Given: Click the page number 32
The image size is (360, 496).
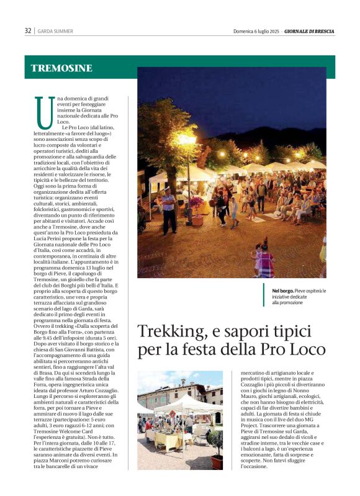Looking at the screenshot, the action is (28, 30).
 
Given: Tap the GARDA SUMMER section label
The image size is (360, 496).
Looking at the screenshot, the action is (55, 31).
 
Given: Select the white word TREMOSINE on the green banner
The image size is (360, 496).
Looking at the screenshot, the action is (61, 68).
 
